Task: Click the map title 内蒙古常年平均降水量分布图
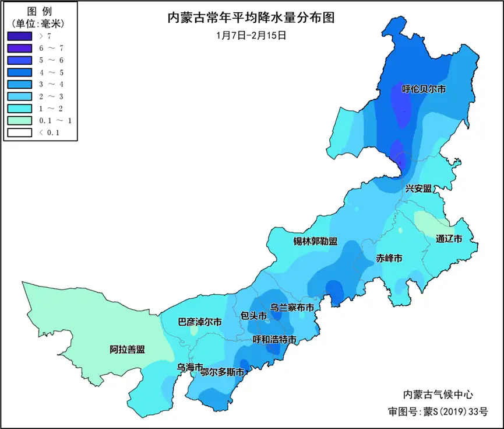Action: pos(251,17)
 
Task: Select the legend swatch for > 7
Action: pos(19,37)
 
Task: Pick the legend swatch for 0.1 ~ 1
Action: pos(19,121)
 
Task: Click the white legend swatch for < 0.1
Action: pos(19,132)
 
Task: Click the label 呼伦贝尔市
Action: pos(424,89)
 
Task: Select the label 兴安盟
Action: pos(418,188)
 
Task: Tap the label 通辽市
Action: pos(449,239)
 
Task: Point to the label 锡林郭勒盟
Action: pos(315,242)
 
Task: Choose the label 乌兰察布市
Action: pos(292,307)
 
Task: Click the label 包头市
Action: pos(253,316)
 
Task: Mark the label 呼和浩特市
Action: pos(275,339)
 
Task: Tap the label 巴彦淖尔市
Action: pos(199,322)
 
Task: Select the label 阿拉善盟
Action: pos(127,350)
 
